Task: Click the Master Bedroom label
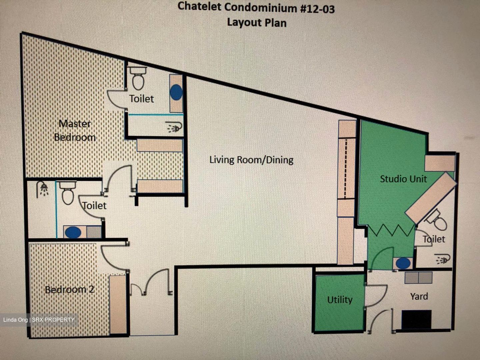[75, 130]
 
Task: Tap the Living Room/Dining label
[251, 160]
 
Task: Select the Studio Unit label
[403, 179]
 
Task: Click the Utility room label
[340, 300]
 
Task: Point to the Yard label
[419, 296]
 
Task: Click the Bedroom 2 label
[70, 289]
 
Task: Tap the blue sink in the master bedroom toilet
[176, 92]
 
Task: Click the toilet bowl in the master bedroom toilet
[138, 78]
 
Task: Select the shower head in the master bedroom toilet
[175, 127]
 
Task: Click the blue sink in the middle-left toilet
[73, 232]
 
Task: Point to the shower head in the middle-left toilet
[43, 189]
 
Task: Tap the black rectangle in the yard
[416, 319]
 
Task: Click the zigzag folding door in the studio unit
[391, 231]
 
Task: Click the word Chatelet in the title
[199, 7]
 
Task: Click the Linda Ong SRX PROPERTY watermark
[39, 320]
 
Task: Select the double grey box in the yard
[418, 278]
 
